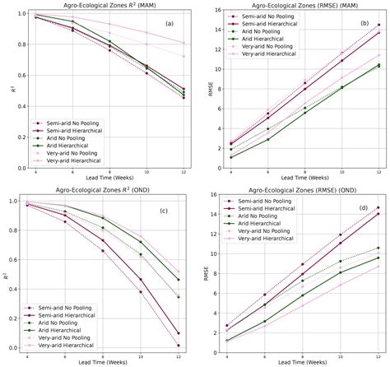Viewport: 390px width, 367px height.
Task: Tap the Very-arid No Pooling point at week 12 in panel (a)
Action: coord(182,56)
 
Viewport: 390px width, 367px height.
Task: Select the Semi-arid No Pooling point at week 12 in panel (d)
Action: coord(378,207)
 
